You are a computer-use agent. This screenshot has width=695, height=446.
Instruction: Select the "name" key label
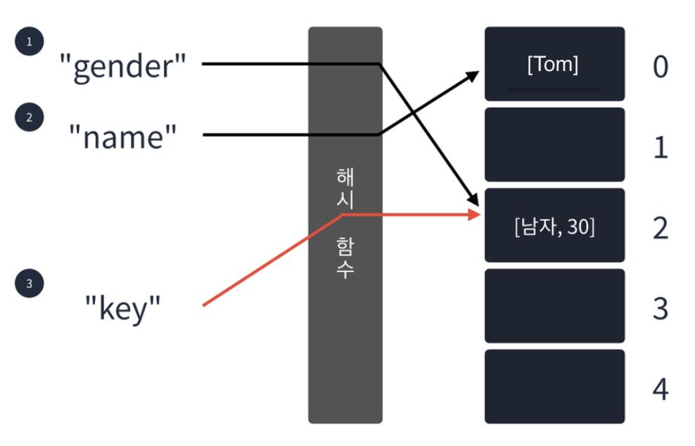123,136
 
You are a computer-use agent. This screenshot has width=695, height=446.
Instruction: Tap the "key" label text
123,307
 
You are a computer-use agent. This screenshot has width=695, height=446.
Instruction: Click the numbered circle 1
29,42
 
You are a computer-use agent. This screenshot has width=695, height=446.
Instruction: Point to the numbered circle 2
29,117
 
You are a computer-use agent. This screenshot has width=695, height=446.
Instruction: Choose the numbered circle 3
29,284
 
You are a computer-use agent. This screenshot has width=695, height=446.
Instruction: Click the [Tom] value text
553,65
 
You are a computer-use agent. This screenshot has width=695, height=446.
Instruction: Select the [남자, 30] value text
554,227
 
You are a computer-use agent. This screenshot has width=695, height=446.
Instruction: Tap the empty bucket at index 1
554,145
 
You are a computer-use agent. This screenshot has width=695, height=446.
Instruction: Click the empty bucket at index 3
554,306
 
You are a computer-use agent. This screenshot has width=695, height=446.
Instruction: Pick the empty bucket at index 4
554,386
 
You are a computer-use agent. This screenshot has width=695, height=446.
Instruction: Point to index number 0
660,66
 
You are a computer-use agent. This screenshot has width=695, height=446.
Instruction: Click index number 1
660,148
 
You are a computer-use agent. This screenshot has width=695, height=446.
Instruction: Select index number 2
660,228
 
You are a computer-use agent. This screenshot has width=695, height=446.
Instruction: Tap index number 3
660,309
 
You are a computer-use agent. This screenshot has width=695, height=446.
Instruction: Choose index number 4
660,389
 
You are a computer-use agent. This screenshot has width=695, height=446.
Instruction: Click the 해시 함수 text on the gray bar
345,223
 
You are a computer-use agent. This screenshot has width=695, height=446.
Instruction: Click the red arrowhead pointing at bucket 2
473,213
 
